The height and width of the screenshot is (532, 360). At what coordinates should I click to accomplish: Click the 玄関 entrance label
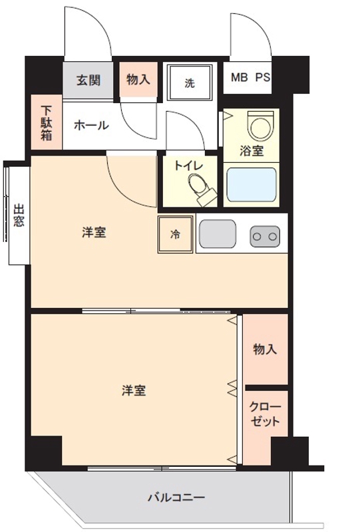point(88,80)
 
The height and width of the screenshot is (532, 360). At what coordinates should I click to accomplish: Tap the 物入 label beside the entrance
point(138,80)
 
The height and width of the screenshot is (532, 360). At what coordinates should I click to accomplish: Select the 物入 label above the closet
point(265,350)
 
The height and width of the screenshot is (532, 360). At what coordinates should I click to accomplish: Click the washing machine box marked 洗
point(190,83)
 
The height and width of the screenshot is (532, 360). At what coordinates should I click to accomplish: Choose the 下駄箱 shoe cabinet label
point(46,124)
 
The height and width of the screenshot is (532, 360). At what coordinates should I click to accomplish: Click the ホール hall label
point(91,124)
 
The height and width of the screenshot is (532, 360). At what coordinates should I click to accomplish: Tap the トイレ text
point(188,166)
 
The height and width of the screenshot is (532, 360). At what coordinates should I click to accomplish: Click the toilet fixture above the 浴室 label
point(259,124)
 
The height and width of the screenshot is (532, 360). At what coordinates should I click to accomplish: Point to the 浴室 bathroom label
point(252,151)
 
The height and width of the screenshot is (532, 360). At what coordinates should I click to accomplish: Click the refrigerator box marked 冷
point(175,235)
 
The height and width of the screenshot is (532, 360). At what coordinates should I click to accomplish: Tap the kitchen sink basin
point(216,235)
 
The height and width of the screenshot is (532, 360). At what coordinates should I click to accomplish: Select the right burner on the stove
point(273,235)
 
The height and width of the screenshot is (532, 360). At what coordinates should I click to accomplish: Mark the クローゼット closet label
point(265,415)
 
